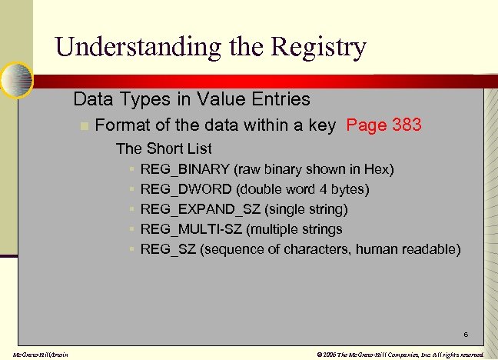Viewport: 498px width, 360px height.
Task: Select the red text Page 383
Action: click(383, 125)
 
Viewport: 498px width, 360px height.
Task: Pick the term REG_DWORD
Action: click(184, 189)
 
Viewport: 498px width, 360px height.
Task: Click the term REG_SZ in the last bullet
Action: click(168, 249)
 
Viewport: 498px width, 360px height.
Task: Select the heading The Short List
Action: click(164, 148)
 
